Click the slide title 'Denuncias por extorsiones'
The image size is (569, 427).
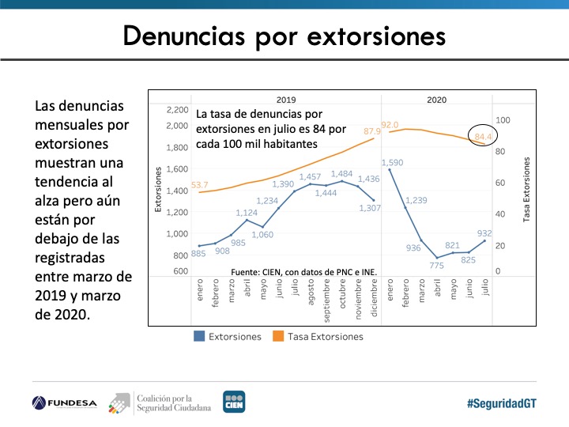284,35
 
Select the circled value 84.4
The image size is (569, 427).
483,138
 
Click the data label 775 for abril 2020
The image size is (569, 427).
436,265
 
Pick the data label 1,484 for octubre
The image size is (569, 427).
342,173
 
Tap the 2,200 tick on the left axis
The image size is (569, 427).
178,110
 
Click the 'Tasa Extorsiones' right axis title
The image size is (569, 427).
527,190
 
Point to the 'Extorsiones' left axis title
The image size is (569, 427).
158,189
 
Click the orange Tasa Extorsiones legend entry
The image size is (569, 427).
318,336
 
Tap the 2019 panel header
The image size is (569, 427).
285,100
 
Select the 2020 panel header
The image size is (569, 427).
436,100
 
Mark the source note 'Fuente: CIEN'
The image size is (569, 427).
304,272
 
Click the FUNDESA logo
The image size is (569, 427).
65,402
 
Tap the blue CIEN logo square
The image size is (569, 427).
234,402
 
